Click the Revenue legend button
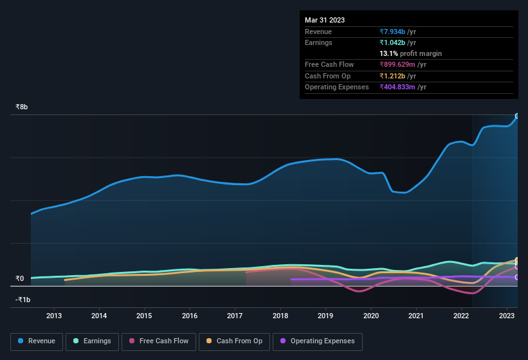click(x=37, y=341)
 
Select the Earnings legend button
click(x=92, y=341)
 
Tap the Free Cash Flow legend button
click(x=158, y=341)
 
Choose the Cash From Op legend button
click(x=235, y=341)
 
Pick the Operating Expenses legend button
click(x=317, y=341)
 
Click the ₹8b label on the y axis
click(x=22, y=107)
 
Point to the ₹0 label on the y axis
click(x=19, y=279)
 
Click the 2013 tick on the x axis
click(x=54, y=316)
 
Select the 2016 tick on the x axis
click(x=190, y=316)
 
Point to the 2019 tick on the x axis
click(x=325, y=316)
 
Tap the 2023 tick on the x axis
click(x=507, y=316)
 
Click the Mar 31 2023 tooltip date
click(x=325, y=20)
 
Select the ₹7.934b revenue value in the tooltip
click(x=393, y=32)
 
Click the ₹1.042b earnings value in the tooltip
click(x=393, y=42)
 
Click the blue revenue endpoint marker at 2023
click(x=517, y=116)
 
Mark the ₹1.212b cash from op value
click(x=393, y=76)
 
